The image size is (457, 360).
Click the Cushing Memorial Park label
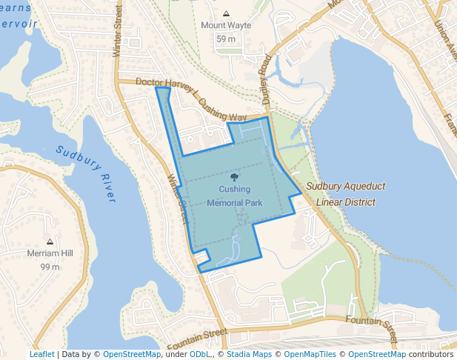point(234,196)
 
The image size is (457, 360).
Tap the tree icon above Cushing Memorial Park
point(235,177)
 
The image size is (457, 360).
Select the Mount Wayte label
point(226,25)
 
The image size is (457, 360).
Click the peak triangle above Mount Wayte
point(226,14)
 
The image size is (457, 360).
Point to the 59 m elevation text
point(225,39)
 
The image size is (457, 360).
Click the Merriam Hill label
point(50,253)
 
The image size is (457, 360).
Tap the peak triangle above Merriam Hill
point(50,242)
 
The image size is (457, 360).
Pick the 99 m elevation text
point(50,267)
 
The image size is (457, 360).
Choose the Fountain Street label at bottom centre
point(196,339)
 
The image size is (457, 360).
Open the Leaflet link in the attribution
point(41,354)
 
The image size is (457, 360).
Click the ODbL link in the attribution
point(200,354)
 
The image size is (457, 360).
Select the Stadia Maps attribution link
point(249,354)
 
